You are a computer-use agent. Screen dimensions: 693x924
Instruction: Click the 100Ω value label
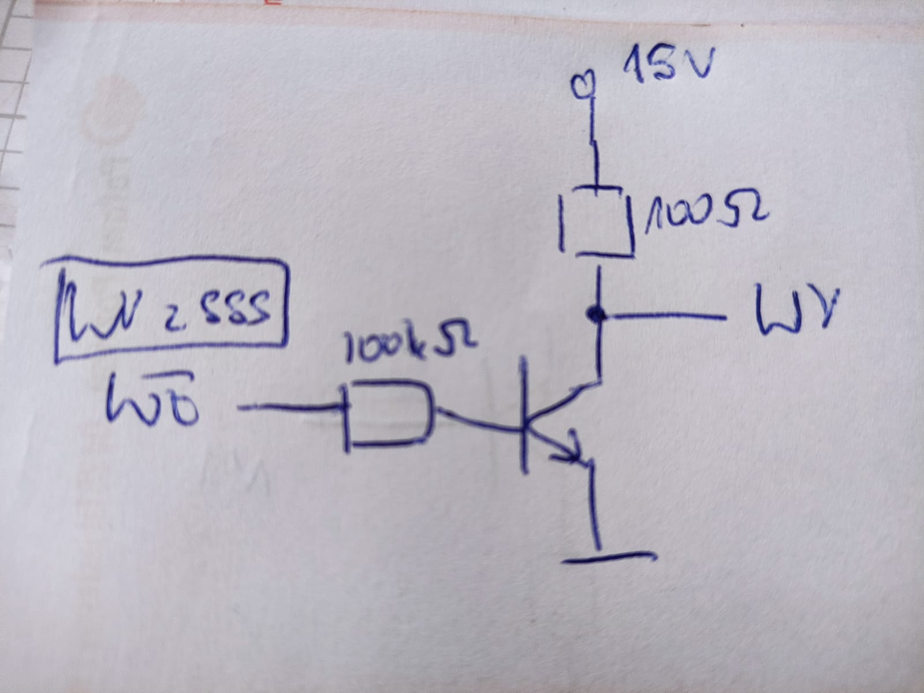pyautogui.click(x=706, y=215)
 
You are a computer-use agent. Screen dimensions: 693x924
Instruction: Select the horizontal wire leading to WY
pyautogui.click(x=664, y=316)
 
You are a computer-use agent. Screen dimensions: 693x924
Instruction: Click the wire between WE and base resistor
pyautogui.click(x=289, y=409)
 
